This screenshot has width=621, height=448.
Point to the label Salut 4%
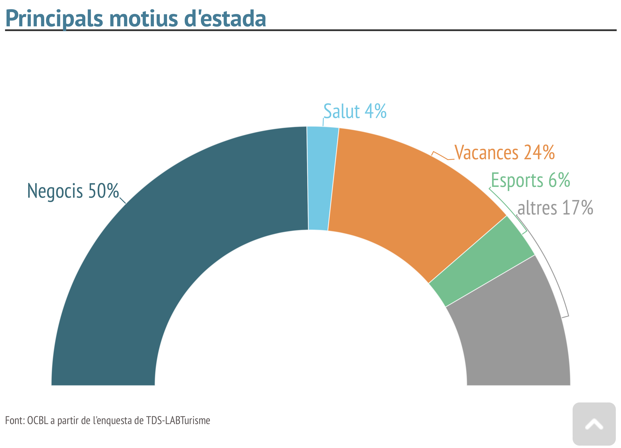click(355, 111)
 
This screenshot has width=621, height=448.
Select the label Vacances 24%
click(504, 152)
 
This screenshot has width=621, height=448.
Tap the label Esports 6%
click(530, 180)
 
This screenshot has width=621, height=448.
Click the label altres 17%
click(555, 208)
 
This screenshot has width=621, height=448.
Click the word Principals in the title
click(54, 19)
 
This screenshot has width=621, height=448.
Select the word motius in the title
click(144, 19)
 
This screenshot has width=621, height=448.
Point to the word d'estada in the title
click(225, 19)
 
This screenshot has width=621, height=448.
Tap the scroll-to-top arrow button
click(594, 424)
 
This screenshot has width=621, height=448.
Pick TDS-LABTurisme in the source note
click(178, 420)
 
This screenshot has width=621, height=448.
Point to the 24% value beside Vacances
click(539, 152)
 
